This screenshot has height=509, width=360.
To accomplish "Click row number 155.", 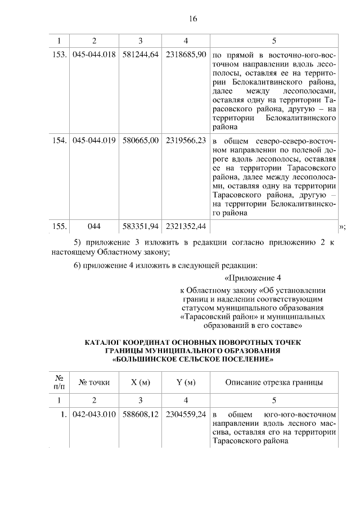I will tap(60, 226).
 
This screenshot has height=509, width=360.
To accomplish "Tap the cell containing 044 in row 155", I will tap(94, 226).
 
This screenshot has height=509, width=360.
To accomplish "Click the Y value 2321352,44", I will tap(186, 226).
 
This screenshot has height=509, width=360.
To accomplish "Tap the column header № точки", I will tap(94, 382).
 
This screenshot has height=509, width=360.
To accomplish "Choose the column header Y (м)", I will tap(186, 382).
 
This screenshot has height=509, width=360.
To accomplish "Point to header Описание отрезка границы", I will tap(273, 382).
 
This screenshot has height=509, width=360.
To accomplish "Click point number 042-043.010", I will tap(94, 415).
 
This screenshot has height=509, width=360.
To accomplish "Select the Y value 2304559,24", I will tap(186, 415).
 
